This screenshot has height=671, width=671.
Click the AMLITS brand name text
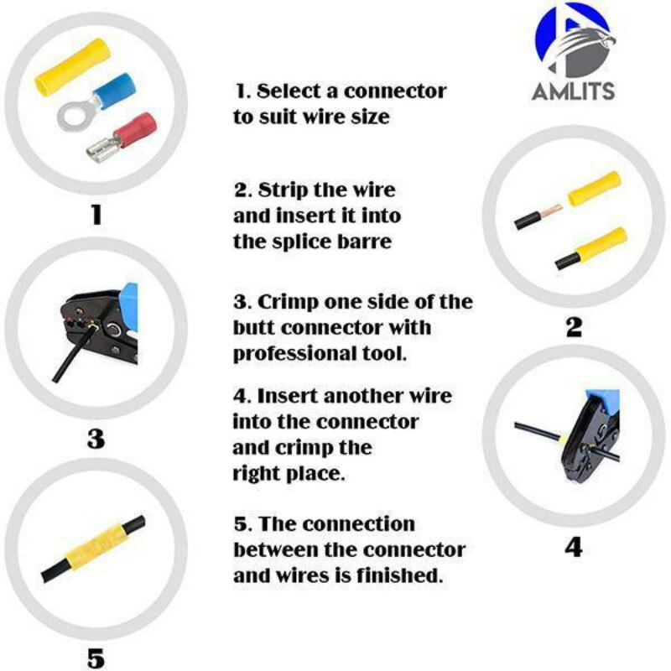(x=573, y=91)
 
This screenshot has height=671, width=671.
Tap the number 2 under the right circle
(x=573, y=327)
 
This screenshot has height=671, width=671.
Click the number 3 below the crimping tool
(x=96, y=438)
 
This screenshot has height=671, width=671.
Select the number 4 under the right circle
(x=573, y=547)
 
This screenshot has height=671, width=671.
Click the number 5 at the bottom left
(x=96, y=658)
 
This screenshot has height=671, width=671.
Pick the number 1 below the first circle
(x=96, y=216)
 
